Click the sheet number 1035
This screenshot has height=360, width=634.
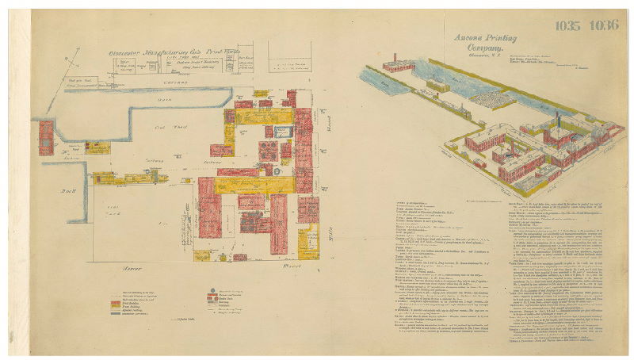pos(567,25)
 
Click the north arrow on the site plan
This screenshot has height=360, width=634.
pos(76,59)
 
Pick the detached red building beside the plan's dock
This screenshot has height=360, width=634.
pos(46,137)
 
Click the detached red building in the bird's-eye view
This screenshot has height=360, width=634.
pos(394,63)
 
